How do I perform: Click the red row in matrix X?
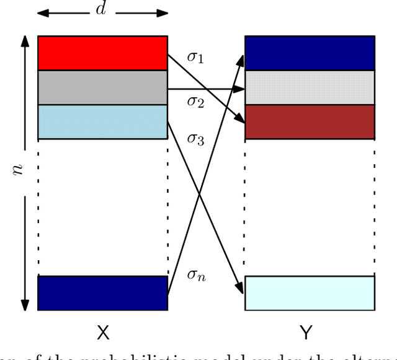pos(102,53)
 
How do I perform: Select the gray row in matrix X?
pos(102,87)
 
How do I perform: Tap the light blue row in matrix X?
pos(102,121)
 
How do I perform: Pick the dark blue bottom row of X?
pos(102,293)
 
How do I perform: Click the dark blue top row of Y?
pos(310,53)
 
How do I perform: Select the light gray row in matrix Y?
pos(310,87)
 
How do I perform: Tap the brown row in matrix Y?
pos(310,121)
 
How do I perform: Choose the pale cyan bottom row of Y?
pos(310,293)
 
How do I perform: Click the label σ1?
pos(195,58)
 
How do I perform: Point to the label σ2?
pos(195,101)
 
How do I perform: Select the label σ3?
pos(195,139)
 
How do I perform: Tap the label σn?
pos(197,274)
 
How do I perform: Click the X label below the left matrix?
pos(103,333)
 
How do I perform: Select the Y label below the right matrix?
pos(306,333)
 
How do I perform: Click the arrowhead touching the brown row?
pos(241,118)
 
